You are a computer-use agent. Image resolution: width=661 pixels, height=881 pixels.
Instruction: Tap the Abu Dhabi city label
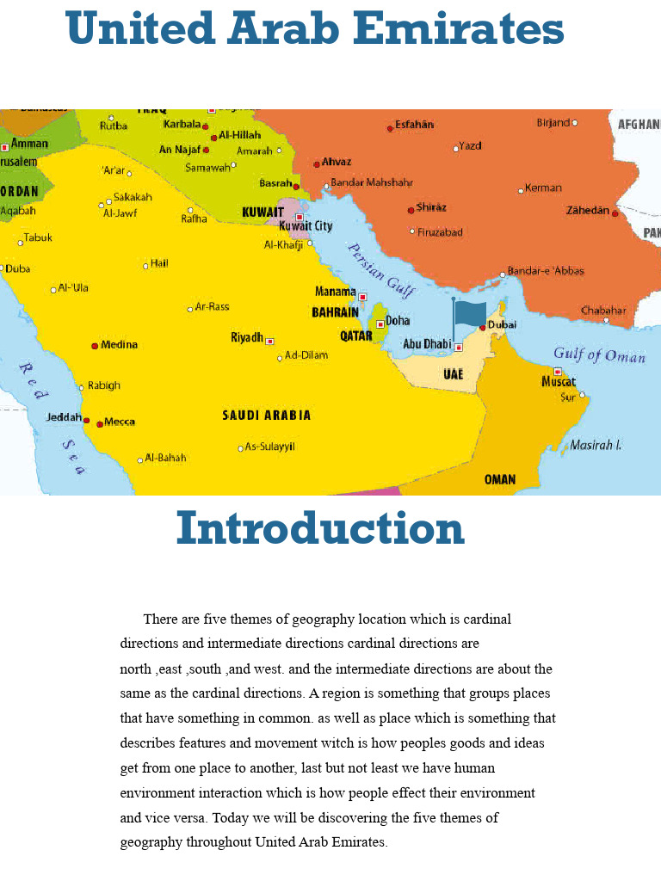click(427, 344)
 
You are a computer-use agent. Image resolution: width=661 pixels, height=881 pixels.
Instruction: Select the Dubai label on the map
click(502, 324)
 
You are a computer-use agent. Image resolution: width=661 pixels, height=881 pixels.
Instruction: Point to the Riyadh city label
click(247, 337)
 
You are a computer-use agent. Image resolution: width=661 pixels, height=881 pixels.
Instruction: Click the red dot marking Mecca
click(100, 423)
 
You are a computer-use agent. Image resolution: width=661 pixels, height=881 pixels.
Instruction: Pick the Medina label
click(119, 345)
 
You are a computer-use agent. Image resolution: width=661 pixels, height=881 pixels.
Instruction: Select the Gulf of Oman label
click(599, 354)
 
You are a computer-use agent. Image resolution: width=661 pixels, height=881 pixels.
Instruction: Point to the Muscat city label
click(558, 381)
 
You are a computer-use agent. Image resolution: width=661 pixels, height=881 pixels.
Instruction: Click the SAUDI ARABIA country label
click(267, 416)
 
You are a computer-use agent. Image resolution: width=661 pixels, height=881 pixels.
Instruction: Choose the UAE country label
click(453, 374)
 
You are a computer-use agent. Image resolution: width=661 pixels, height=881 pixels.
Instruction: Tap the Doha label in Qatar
click(398, 321)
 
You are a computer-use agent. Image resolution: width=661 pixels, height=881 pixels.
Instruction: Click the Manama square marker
click(362, 297)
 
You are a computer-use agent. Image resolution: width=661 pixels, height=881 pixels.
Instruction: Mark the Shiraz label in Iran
click(430, 207)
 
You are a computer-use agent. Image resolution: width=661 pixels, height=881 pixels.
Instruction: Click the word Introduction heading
click(320, 529)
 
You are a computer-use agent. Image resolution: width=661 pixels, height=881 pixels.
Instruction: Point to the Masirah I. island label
click(596, 446)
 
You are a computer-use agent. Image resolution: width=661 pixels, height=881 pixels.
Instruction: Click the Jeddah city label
click(64, 417)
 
